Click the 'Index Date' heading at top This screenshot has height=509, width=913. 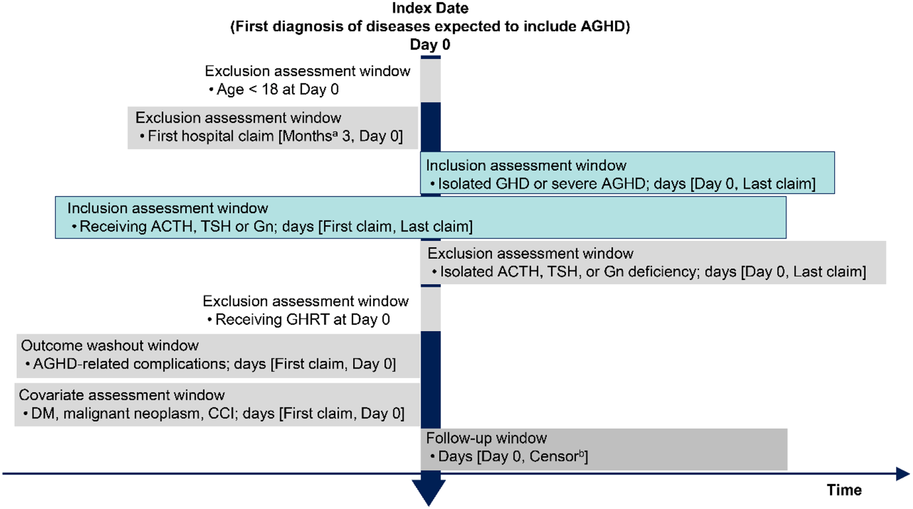[430, 8]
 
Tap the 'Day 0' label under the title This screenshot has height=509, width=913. [430, 45]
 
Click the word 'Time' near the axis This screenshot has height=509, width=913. [844, 490]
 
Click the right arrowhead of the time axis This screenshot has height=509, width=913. [903, 474]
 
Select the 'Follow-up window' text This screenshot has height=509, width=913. [486, 438]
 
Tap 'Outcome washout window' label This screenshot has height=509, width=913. [110, 346]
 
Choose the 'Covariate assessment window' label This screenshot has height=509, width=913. [122, 395]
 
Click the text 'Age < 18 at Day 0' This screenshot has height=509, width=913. [278, 89]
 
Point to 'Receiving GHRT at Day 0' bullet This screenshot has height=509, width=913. [303, 320]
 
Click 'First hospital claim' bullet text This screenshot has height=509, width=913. [211, 136]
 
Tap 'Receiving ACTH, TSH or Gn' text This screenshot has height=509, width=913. [176, 226]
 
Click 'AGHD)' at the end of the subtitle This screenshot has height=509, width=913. [605, 26]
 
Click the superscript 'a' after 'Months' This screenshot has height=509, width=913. [335, 133]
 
